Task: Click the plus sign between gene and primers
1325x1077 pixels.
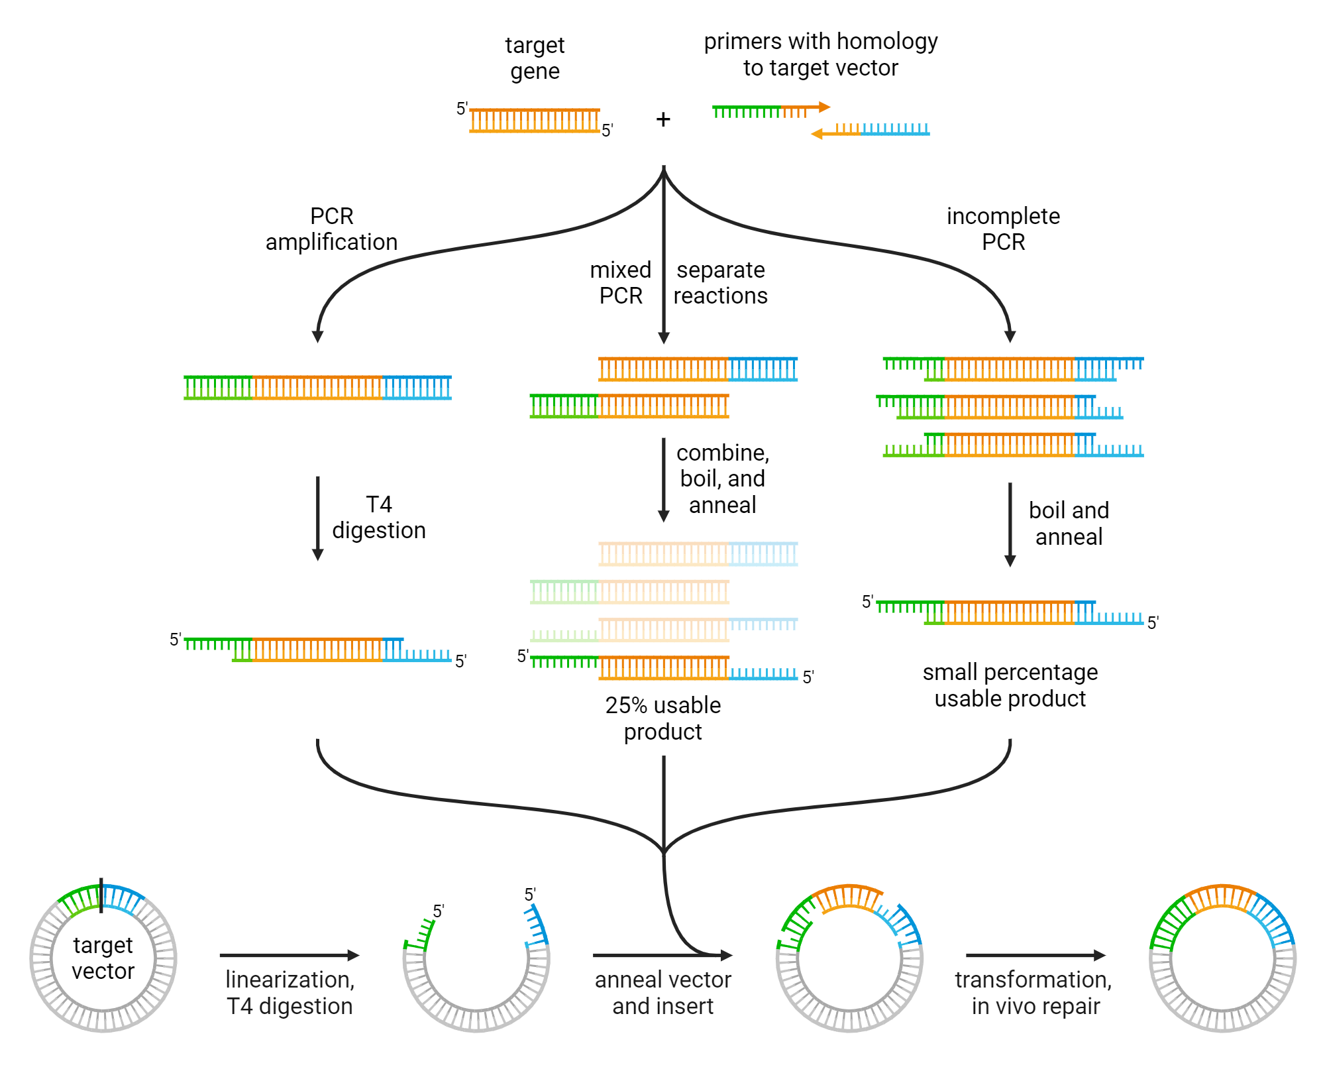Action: (x=663, y=119)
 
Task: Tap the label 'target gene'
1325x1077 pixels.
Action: (x=535, y=58)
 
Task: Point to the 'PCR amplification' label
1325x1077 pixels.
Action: (x=331, y=229)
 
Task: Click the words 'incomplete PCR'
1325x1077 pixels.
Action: (x=1003, y=229)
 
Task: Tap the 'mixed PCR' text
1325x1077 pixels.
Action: (x=621, y=282)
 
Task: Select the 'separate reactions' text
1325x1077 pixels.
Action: (x=720, y=282)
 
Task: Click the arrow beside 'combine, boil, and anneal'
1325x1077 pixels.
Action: (x=663, y=480)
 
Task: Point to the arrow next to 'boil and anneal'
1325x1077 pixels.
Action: (x=1010, y=524)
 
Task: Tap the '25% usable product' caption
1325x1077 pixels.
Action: (x=662, y=718)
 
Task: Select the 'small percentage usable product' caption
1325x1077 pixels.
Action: (x=1010, y=685)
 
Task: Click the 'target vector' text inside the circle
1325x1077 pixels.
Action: (x=103, y=958)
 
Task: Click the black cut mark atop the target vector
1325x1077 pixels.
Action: (x=101, y=895)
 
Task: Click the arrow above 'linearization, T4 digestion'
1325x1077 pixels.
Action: (x=290, y=955)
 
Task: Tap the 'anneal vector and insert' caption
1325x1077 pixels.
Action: (x=662, y=992)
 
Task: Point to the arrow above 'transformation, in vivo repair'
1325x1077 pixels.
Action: (x=1035, y=955)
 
